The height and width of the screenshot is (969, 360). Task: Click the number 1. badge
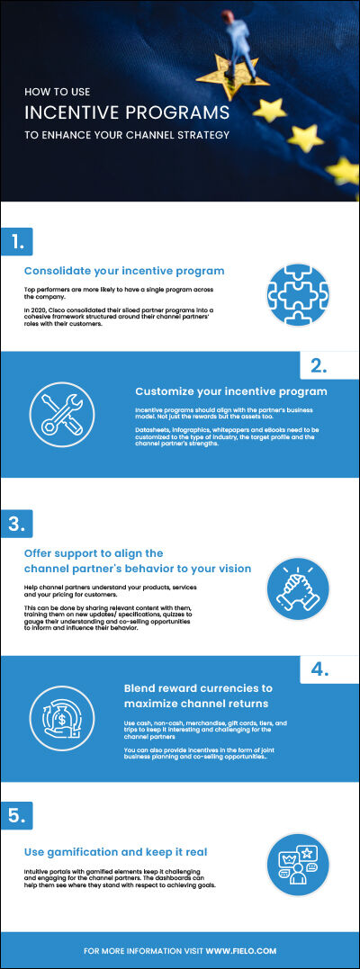(x=17, y=240)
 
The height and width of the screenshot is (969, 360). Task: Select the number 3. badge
(x=17, y=523)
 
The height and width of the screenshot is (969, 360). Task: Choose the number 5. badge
(x=17, y=815)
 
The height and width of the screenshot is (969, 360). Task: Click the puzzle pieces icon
(x=298, y=294)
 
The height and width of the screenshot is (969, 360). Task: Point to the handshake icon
(x=298, y=589)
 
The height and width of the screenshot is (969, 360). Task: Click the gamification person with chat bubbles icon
(x=298, y=865)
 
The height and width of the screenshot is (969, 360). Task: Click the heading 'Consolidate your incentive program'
(x=124, y=271)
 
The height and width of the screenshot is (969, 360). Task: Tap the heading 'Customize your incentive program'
(x=231, y=391)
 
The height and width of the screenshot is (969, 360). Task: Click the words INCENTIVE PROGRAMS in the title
(x=126, y=113)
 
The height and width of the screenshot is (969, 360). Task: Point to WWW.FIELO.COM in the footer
(x=240, y=950)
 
